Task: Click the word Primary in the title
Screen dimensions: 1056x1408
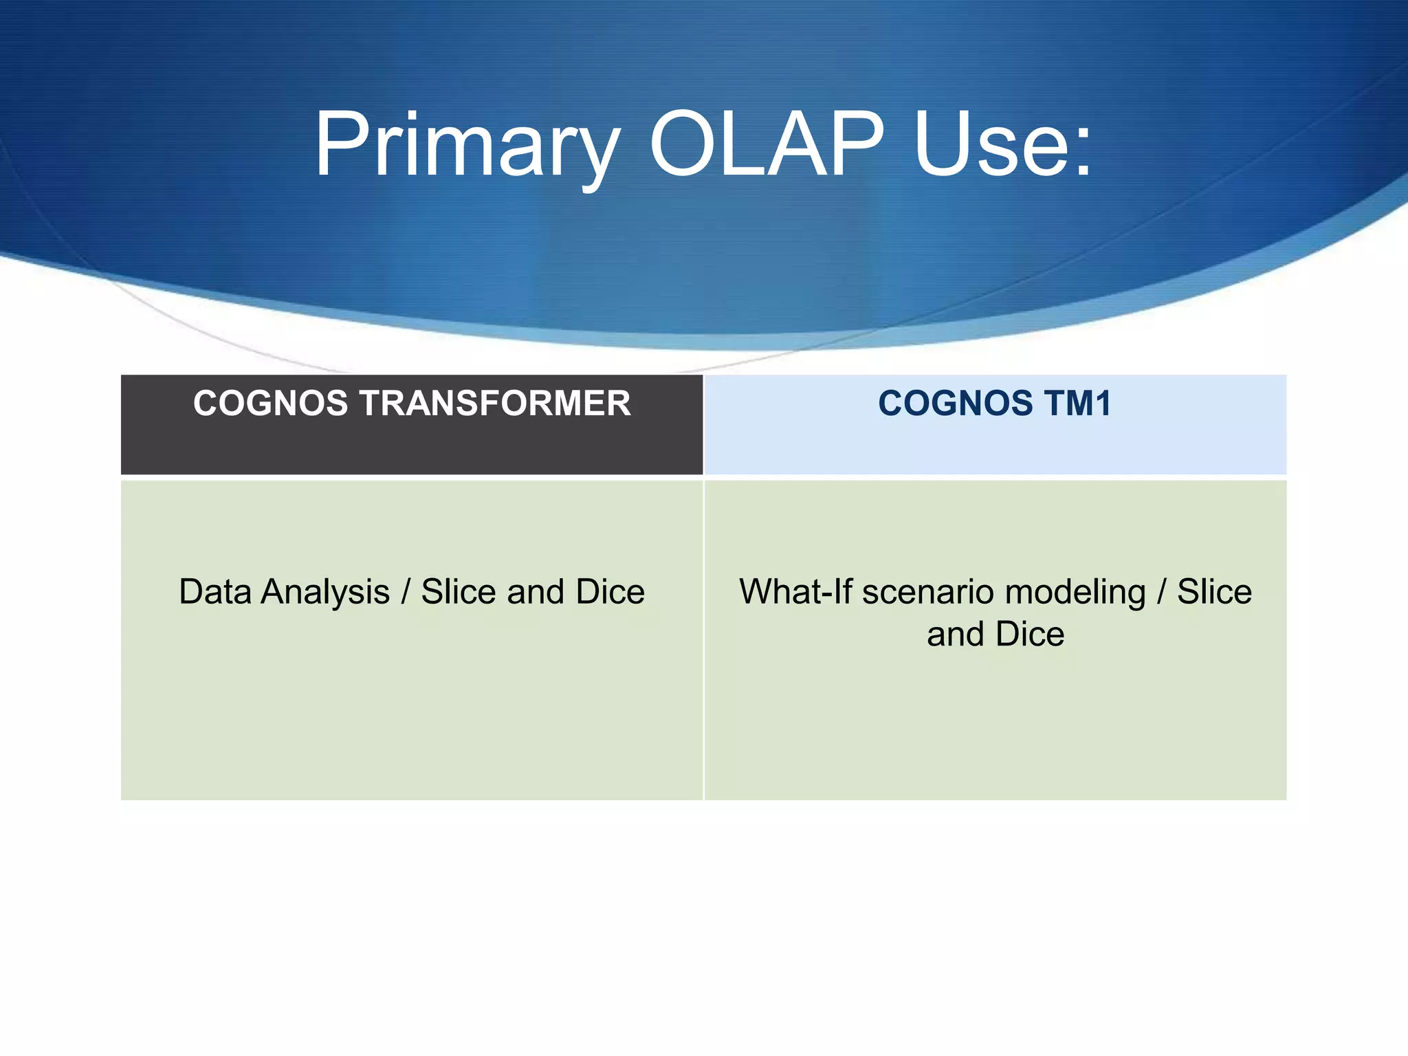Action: coord(466,146)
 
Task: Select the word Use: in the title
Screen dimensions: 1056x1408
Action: coord(1002,146)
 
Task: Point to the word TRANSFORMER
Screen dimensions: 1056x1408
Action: coord(494,404)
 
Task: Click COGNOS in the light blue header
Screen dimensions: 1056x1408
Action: coord(955,404)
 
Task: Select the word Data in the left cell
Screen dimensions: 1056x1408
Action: coord(214,592)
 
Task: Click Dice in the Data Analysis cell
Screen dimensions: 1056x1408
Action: coord(610,592)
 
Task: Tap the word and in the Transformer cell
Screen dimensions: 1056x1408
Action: coord(536,592)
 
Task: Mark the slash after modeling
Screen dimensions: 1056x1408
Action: coord(1162,592)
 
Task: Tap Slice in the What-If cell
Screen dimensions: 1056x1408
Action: coord(1214,592)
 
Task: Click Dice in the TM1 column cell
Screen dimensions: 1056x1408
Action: coord(1029,634)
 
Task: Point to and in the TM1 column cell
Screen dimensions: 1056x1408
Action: coord(955,634)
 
